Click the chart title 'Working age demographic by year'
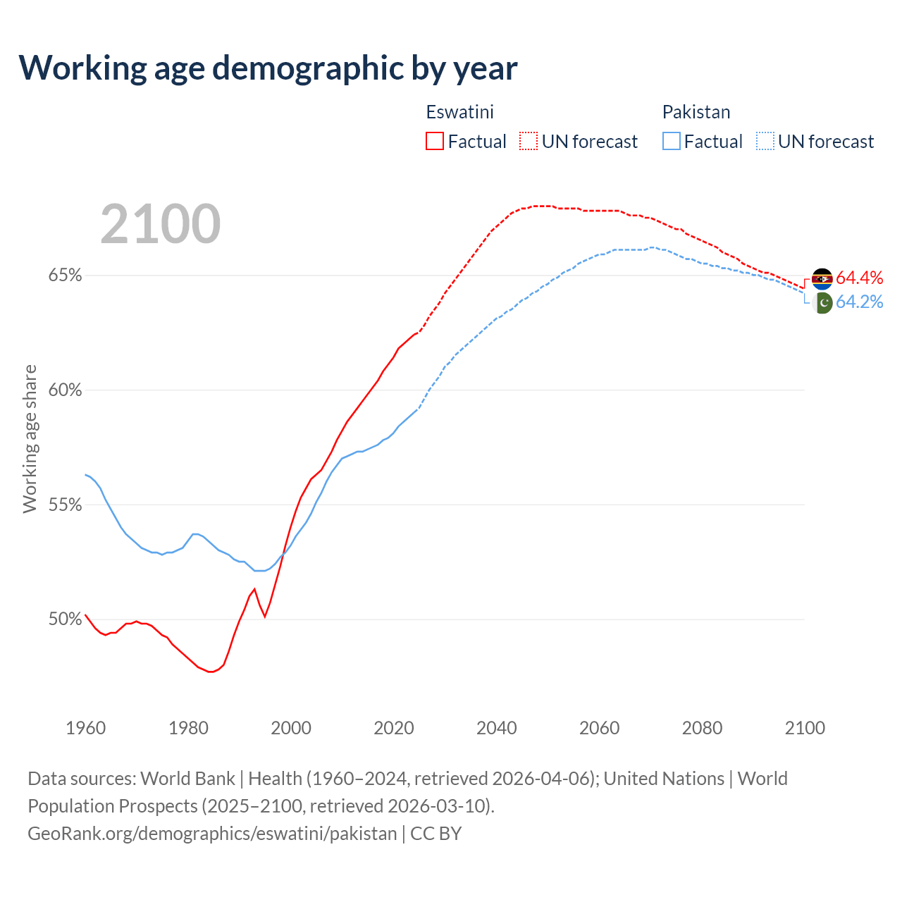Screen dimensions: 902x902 point(268,68)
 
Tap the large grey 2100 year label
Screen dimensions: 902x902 point(161,224)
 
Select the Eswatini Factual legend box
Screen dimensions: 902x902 point(435,142)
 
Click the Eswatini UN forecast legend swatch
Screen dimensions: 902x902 point(529,142)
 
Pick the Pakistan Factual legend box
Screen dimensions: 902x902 point(672,142)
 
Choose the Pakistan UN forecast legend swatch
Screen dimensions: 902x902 point(765,142)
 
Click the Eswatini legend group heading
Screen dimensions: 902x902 point(459,112)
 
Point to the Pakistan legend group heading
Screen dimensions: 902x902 point(696,112)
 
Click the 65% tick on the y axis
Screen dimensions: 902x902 point(65,276)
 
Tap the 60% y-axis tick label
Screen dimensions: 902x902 point(65,390)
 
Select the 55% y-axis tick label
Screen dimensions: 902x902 point(65,505)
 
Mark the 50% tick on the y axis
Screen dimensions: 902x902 point(65,619)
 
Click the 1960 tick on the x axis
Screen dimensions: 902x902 point(86,728)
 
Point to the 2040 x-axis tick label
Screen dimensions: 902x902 point(497,728)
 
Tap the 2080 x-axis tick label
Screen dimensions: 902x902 point(702,728)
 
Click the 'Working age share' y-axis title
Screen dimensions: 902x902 point(30,438)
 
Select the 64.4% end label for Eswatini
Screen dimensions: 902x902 point(859,278)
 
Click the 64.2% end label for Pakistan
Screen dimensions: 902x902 point(859,302)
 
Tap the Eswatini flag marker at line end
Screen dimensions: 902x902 point(822,279)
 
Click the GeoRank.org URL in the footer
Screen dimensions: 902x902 point(212,834)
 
